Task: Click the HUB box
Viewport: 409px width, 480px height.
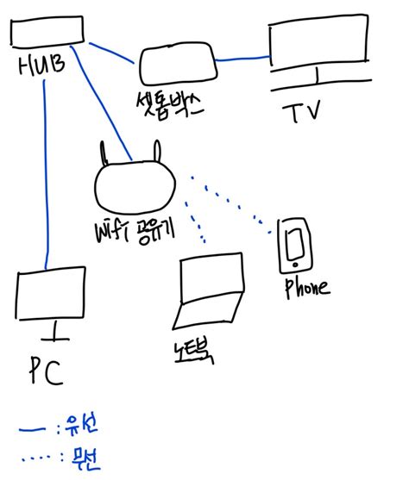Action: tap(48, 32)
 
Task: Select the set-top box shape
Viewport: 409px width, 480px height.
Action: tap(176, 65)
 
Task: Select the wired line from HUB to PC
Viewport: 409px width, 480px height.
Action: tap(45, 172)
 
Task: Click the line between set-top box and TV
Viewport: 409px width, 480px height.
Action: tap(242, 59)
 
